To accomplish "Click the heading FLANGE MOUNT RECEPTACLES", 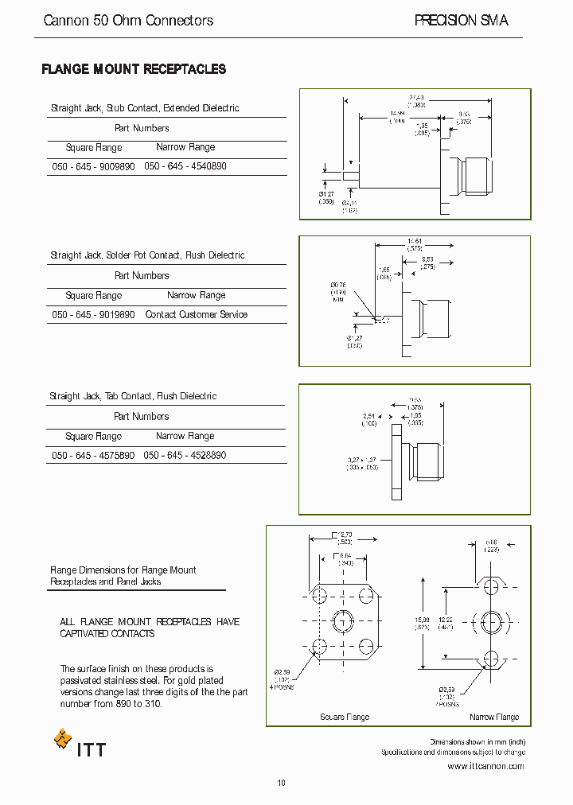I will coord(134,70).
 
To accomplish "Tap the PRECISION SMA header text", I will coord(461,21).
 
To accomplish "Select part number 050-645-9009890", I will coord(93,167).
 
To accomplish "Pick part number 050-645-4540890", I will coord(185,167).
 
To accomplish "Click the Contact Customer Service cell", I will coord(196,315).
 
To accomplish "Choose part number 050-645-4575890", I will coord(92,456).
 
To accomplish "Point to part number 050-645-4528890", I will coord(185,456).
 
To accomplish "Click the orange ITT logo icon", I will coord(62,740).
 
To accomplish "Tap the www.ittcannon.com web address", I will coord(485,766).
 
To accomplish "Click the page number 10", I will coord(281,784).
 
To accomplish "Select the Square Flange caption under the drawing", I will coord(345,717).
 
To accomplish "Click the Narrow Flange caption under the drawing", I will coord(494,717).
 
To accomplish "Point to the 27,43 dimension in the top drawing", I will coord(417,96).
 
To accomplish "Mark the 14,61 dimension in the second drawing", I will coord(414,241).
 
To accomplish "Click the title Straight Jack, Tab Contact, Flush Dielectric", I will coord(132,396).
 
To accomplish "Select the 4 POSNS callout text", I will coord(281,686).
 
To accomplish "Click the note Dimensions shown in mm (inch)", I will coord(477,741).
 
